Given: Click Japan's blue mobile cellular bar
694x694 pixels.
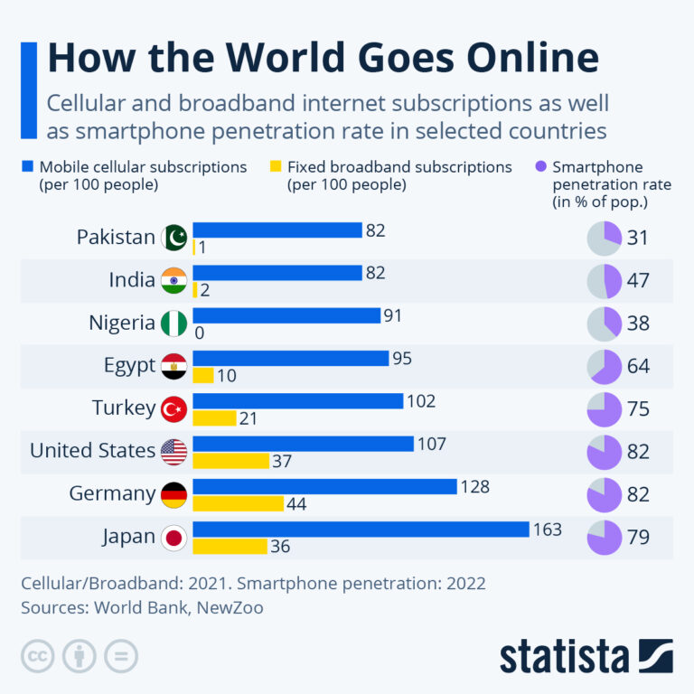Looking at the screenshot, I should click(x=361, y=529).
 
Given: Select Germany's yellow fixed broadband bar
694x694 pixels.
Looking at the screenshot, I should click(x=238, y=503).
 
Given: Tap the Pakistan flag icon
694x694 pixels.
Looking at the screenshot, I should click(x=173, y=238).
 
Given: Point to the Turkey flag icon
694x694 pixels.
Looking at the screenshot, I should click(x=173, y=408).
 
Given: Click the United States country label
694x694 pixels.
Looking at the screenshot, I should click(x=92, y=450).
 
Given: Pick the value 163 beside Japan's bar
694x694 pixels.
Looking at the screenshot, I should click(x=548, y=530).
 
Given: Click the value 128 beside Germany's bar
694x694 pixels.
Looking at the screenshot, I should click(x=474, y=487).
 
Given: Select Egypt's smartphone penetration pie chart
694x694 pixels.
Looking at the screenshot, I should click(x=605, y=366).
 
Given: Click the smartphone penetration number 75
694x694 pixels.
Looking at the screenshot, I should click(x=638, y=408).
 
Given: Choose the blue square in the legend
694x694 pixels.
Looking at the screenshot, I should click(x=28, y=167).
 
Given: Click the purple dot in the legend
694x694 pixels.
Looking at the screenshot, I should click(x=540, y=167).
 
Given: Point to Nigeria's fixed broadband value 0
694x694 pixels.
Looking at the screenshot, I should click(x=199, y=333).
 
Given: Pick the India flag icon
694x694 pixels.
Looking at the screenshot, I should click(x=173, y=280).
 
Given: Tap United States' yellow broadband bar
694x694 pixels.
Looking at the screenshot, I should click(x=230, y=461).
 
